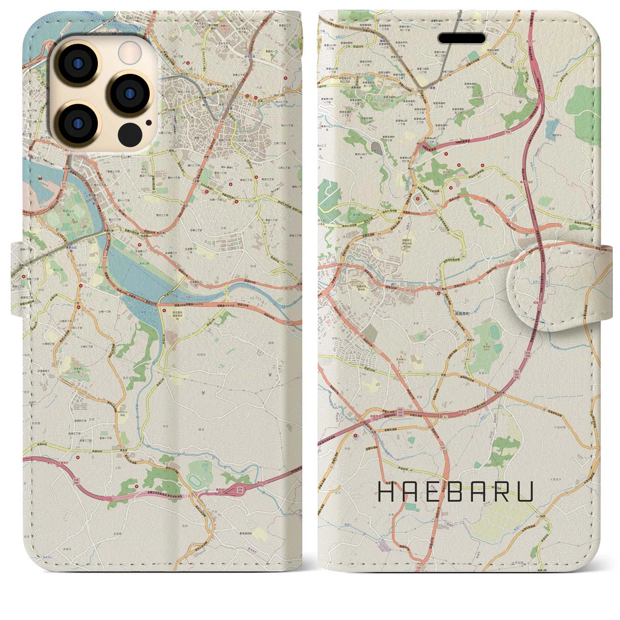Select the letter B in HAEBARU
(x=458, y=492)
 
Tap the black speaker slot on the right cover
(x=462, y=38)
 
